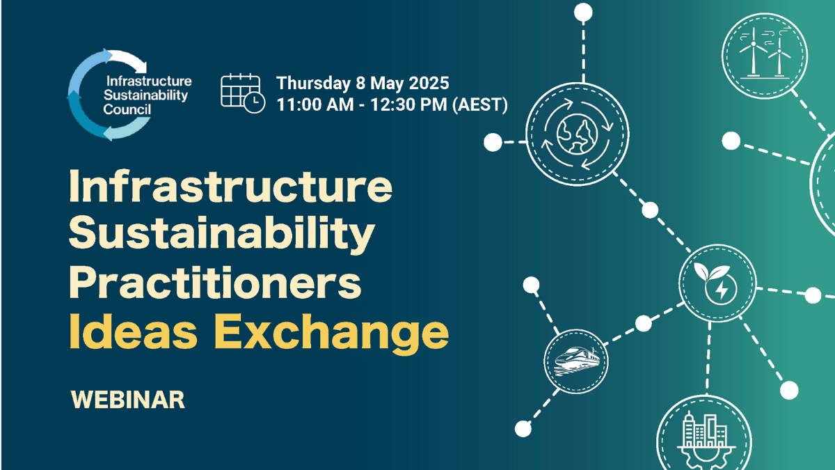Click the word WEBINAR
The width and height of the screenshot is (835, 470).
pyautogui.click(x=128, y=400)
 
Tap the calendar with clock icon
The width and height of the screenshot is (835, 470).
pyautogui.click(x=243, y=93)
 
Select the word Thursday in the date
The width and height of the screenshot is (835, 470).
pyautogui.click(x=313, y=83)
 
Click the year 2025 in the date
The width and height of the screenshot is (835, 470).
pyautogui.click(x=429, y=83)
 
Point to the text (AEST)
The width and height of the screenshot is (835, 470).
pyautogui.click(x=479, y=104)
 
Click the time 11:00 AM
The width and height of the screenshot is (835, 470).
pyautogui.click(x=315, y=104)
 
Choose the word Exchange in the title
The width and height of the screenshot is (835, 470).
pyautogui.click(x=331, y=332)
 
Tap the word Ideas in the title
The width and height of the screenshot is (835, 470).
pyautogui.click(x=133, y=331)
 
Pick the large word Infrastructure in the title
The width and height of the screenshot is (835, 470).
pyautogui.click(x=230, y=185)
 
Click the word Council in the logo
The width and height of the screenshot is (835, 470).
pyautogui.click(x=127, y=109)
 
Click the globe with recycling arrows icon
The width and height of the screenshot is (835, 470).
pyautogui.click(x=577, y=134)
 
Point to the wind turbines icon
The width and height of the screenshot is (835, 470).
pyautogui.click(x=765, y=56)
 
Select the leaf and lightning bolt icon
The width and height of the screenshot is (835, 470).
pyautogui.click(x=717, y=283)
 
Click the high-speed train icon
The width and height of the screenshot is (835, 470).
pyautogui.click(x=576, y=361)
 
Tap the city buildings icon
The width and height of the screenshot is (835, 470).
pyautogui.click(x=703, y=437)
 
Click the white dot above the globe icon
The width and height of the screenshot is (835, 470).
pyautogui.click(x=583, y=13)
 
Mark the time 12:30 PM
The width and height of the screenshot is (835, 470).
pyautogui.click(x=408, y=104)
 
